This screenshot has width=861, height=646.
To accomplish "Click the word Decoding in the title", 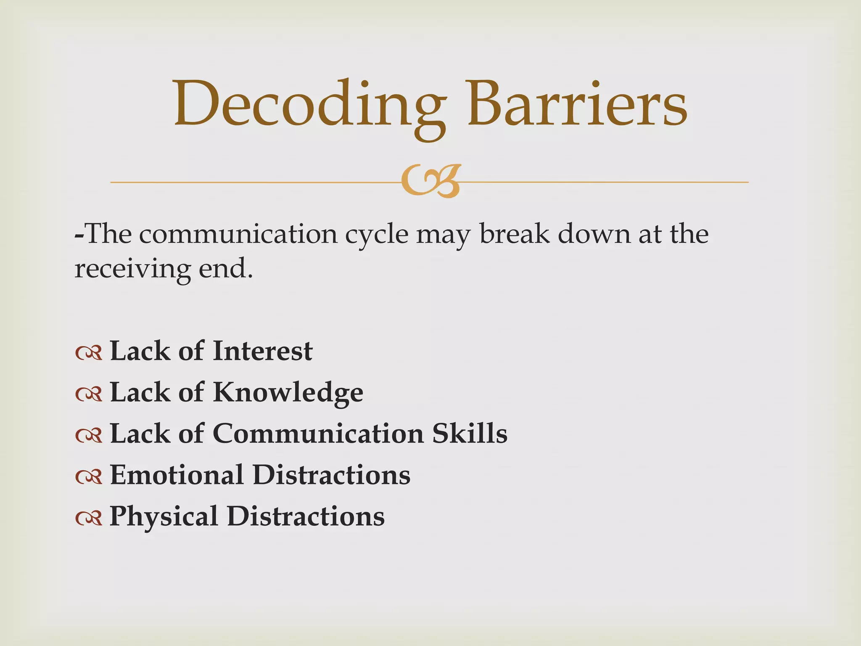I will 309,105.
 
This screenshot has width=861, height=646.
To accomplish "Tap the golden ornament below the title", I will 430,182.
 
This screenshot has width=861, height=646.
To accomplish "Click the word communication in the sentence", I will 238,235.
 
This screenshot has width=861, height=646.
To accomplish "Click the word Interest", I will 262,351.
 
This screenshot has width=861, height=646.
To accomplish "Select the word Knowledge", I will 288,393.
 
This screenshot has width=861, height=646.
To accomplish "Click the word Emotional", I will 177,475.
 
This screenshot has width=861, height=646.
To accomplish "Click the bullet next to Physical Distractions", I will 89,518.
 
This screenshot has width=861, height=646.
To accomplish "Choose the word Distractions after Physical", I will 306,516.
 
